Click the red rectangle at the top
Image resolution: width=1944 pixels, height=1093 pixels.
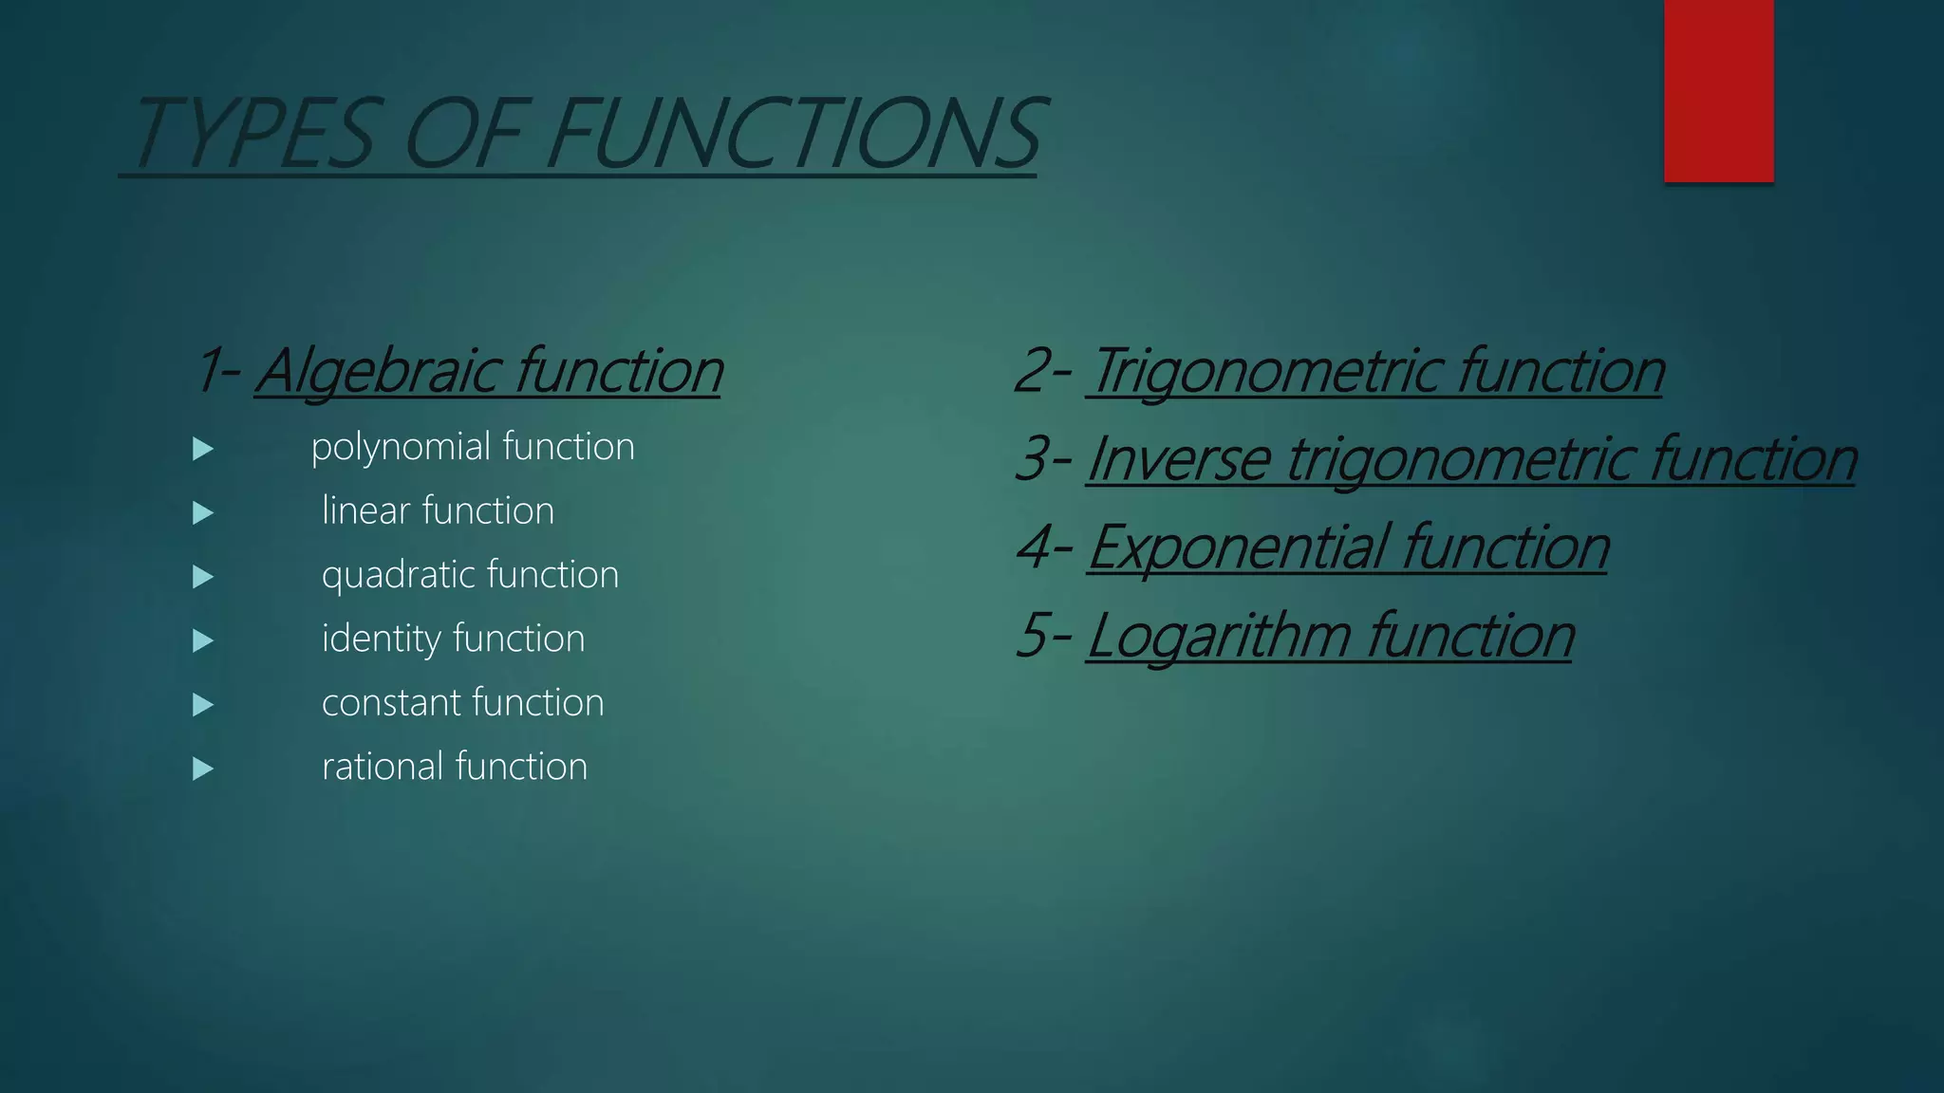(1718, 90)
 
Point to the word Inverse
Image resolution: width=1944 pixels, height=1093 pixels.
(1178, 459)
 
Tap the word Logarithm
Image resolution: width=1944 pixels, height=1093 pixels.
(1220, 636)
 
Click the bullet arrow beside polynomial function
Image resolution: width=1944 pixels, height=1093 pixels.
(202, 449)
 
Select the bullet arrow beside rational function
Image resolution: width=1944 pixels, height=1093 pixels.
(202, 769)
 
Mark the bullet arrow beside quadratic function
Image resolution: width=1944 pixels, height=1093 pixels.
(202, 577)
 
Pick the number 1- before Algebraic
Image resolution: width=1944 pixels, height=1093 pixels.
(218, 371)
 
